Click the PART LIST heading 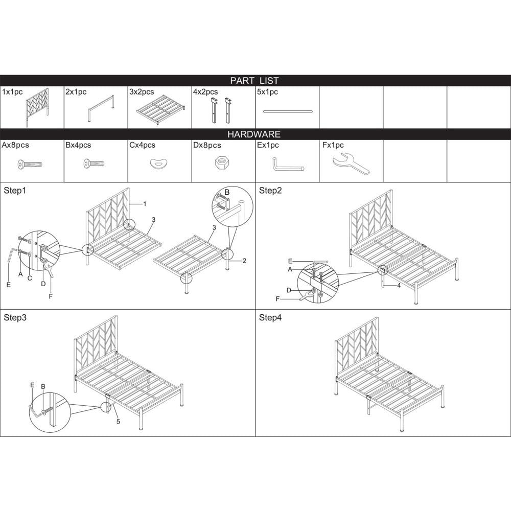[x=254, y=81]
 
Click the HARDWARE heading [x=254, y=134]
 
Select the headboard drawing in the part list [x=37, y=107]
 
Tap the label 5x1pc [x=267, y=92]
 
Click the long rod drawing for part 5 [x=288, y=111]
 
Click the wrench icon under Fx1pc [x=351, y=164]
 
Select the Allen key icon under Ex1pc [x=287, y=165]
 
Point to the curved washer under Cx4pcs [x=159, y=163]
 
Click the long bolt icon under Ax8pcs [x=29, y=164]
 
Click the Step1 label [x=15, y=191]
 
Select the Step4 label [x=270, y=318]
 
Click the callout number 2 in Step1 [x=244, y=261]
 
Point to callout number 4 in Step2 [x=399, y=286]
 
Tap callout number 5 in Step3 [x=118, y=422]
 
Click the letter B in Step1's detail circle [x=227, y=192]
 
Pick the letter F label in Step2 [x=277, y=299]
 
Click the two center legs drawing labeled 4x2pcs [x=221, y=110]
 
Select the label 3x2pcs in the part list [x=142, y=92]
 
